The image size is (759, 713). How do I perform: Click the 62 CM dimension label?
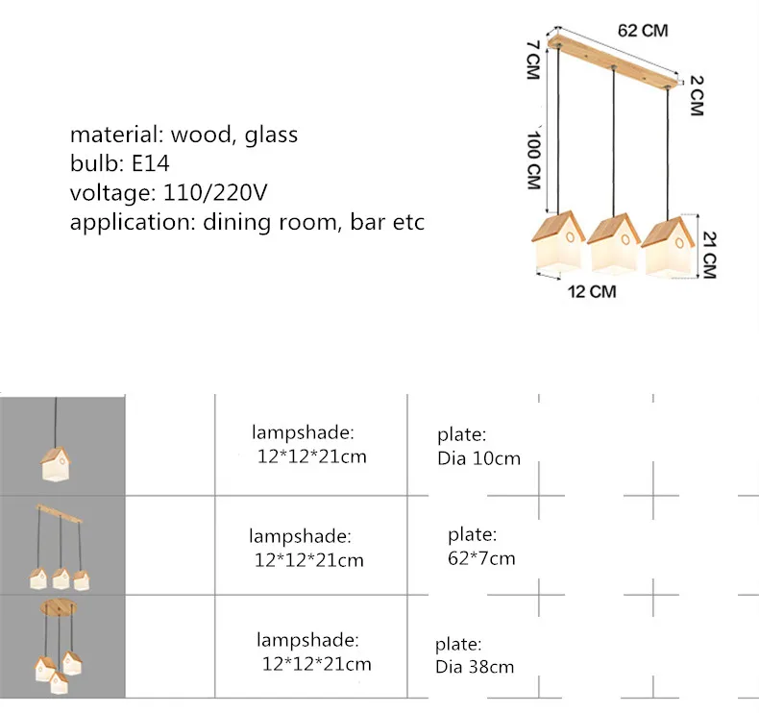coord(643,31)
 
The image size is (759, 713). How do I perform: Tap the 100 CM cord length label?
coord(533,160)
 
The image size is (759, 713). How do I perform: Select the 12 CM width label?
coord(592,291)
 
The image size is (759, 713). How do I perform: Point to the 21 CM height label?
coord(709,255)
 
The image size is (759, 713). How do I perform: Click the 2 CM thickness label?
coord(697,96)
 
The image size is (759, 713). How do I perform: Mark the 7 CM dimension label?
coord(533,60)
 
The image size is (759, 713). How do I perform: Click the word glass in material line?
coord(271,135)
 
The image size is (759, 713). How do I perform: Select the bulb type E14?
coord(151,163)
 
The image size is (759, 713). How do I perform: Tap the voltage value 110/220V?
coord(215,192)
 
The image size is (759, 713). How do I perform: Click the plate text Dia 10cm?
coord(478,458)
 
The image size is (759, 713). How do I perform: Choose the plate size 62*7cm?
coord(481,558)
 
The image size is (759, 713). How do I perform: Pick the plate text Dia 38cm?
coord(475,667)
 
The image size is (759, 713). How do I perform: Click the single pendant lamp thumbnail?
coord(55,440)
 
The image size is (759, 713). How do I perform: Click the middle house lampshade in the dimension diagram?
coord(613,243)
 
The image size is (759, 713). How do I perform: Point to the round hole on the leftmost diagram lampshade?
coord(570,237)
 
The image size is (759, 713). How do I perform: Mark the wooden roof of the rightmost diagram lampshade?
coord(663,232)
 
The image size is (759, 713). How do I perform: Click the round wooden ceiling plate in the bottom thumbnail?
coord(59,607)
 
